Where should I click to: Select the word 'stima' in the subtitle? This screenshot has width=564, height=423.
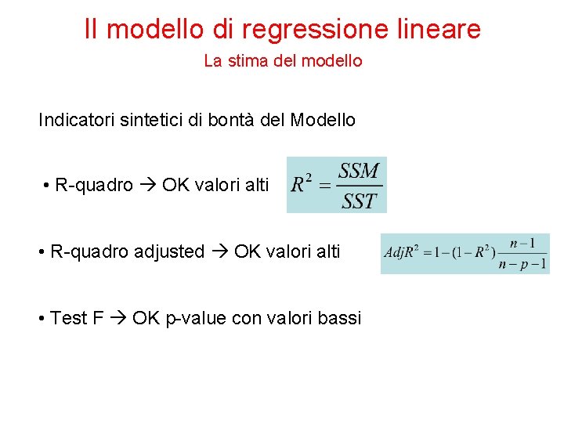click(246, 60)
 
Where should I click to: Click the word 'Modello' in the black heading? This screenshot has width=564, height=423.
click(323, 121)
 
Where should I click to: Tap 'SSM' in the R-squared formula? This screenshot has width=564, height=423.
click(359, 171)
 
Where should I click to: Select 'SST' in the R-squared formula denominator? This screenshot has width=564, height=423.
click(359, 201)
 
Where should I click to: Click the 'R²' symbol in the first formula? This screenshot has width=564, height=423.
click(301, 185)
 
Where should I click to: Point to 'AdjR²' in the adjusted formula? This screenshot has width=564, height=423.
click(403, 253)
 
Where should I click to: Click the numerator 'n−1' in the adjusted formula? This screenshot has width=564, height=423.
click(522, 244)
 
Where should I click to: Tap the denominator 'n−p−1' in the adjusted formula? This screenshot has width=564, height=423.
click(522, 264)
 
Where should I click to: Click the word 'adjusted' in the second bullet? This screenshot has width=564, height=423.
click(169, 251)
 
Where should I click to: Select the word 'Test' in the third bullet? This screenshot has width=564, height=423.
click(67, 318)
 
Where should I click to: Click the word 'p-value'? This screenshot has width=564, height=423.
click(193, 319)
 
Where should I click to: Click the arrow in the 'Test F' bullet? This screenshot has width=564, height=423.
click(118, 318)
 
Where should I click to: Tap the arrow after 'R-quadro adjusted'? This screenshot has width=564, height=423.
click(220, 251)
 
